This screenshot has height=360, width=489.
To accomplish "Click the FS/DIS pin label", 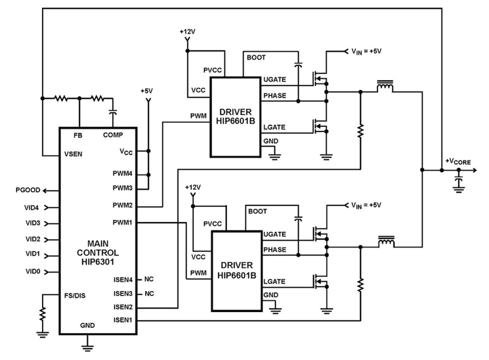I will tap(75, 295).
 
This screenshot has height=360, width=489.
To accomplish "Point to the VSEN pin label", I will tap(73, 154).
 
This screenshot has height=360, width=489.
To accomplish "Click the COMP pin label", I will tap(113, 135).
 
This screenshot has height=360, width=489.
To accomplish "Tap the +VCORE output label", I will tap(458, 161).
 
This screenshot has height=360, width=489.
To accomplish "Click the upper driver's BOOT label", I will tap(256, 58).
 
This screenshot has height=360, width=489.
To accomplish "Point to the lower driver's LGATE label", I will tap(274, 281).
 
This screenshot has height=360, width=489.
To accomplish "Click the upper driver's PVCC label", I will tap(213, 70).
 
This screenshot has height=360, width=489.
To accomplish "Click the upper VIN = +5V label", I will tap(366, 51).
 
